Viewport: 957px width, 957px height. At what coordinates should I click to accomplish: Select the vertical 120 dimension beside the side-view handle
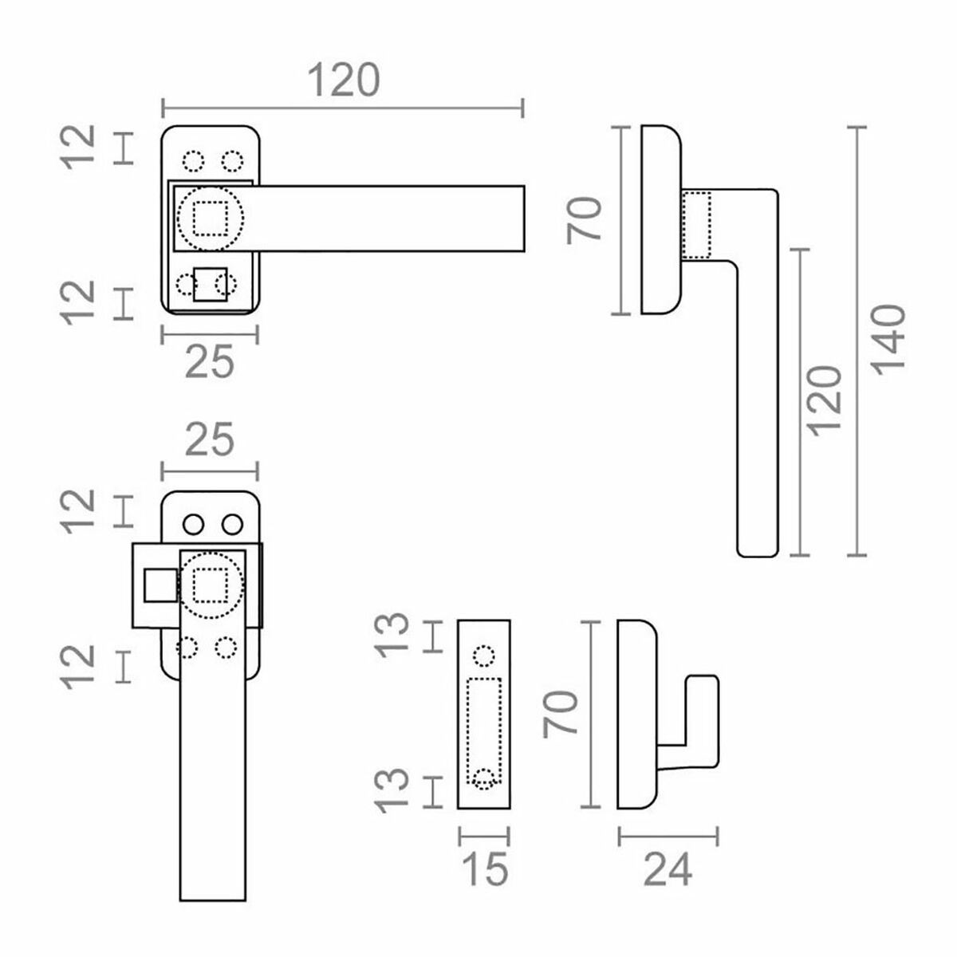pyautogui.click(x=825, y=400)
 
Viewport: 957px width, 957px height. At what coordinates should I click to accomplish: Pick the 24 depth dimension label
pyautogui.click(x=668, y=868)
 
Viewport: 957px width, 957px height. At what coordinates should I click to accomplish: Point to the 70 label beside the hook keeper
pyautogui.click(x=561, y=715)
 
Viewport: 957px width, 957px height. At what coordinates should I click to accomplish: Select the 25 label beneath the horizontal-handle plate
pyautogui.click(x=209, y=363)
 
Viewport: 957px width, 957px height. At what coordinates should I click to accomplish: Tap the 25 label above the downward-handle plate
pyautogui.click(x=209, y=439)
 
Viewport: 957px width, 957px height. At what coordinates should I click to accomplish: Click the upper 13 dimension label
pyautogui.click(x=393, y=636)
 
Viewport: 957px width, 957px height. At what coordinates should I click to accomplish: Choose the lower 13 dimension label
pyautogui.click(x=393, y=790)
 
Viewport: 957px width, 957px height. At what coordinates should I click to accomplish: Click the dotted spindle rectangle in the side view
pyautogui.click(x=698, y=225)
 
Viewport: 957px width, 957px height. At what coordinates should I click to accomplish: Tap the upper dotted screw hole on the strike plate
pyautogui.click(x=483, y=656)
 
